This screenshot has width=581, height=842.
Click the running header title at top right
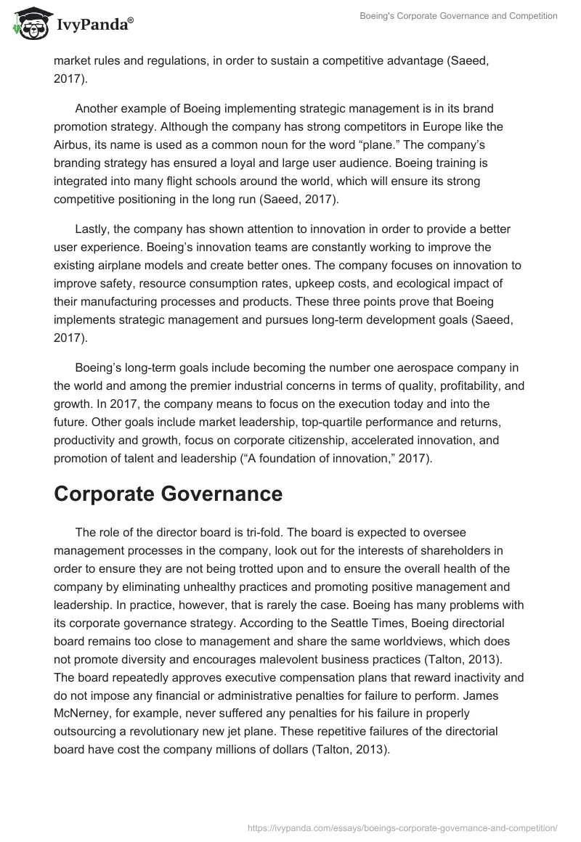459,16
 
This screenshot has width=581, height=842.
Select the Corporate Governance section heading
168,494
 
